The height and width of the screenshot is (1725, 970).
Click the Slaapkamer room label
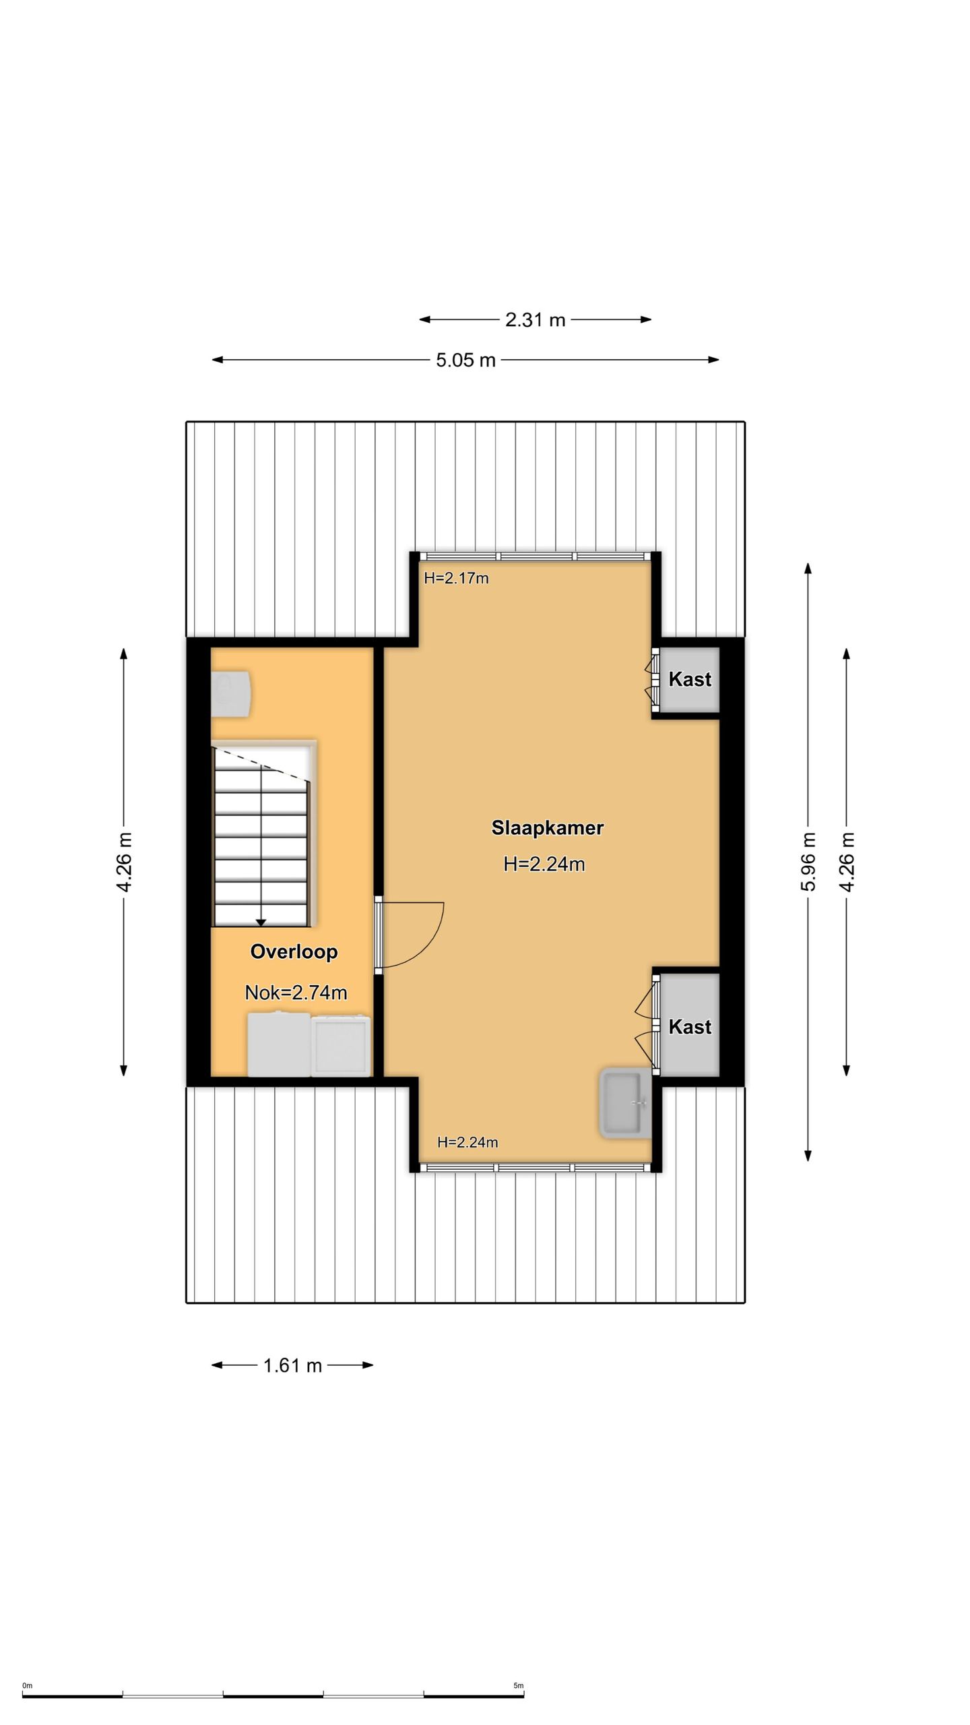[x=547, y=827]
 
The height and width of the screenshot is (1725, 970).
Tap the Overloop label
[x=294, y=951]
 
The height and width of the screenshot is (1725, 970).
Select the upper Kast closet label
[x=690, y=679]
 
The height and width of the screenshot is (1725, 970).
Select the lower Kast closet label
[x=690, y=1026]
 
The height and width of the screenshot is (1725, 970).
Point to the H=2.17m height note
[x=456, y=578]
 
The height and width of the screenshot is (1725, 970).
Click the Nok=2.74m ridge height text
[x=296, y=992]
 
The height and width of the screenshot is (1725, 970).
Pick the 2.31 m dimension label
[x=535, y=319]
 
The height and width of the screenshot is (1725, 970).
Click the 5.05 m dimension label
[x=465, y=360]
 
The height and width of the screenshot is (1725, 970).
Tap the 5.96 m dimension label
[x=808, y=861]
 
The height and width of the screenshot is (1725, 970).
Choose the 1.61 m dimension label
[x=292, y=1365]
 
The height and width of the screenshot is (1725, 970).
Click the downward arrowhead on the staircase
[x=261, y=922]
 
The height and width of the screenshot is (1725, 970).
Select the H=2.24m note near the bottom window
[x=467, y=1142]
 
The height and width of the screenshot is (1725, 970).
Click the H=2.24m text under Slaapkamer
[x=544, y=864]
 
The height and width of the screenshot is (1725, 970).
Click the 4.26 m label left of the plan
[x=124, y=861]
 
